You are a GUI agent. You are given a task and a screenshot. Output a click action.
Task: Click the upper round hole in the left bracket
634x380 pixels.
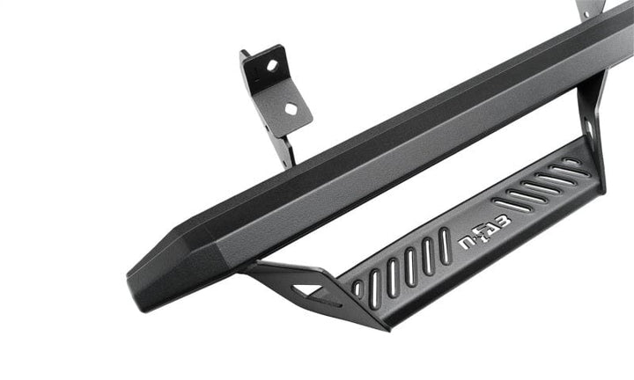271,65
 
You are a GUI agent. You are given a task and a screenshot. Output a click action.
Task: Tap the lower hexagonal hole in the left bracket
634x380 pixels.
291,106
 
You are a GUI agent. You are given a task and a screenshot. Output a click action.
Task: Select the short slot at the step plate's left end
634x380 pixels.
357,288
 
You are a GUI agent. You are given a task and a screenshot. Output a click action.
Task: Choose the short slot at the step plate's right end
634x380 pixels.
571,163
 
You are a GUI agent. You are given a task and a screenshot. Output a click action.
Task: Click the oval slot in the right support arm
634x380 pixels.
589,130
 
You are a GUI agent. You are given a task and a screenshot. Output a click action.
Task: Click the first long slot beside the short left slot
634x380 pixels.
372,283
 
